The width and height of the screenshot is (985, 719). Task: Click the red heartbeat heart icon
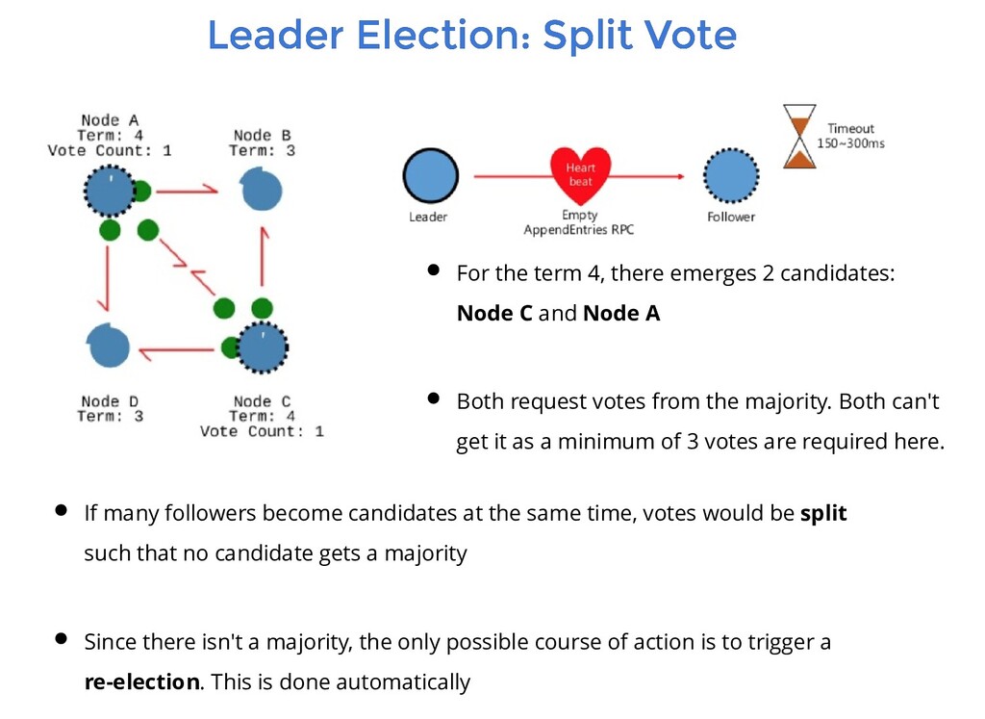coord(580,173)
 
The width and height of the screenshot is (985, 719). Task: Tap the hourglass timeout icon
coord(798,137)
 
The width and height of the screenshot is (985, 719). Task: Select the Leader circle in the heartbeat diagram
coord(430,176)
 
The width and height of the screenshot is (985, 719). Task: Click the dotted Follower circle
coord(730,176)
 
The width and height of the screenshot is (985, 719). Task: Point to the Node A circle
coord(110,190)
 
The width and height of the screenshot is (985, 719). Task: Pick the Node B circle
coord(261,190)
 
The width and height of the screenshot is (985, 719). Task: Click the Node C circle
coord(261,347)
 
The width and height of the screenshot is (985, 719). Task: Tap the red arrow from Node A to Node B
coord(187,191)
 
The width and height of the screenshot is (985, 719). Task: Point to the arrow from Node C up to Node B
coord(263,258)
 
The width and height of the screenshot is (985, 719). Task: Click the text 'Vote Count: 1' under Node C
coord(262,431)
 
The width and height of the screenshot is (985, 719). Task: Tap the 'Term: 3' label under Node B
coord(262,150)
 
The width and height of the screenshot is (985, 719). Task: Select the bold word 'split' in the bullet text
coord(823,513)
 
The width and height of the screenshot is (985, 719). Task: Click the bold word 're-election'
coord(142,682)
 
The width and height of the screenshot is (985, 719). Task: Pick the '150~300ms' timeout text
coord(850,143)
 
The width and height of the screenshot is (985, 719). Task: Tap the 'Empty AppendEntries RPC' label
coord(579,223)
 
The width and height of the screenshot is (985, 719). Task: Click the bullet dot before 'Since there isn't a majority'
coord(61,638)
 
